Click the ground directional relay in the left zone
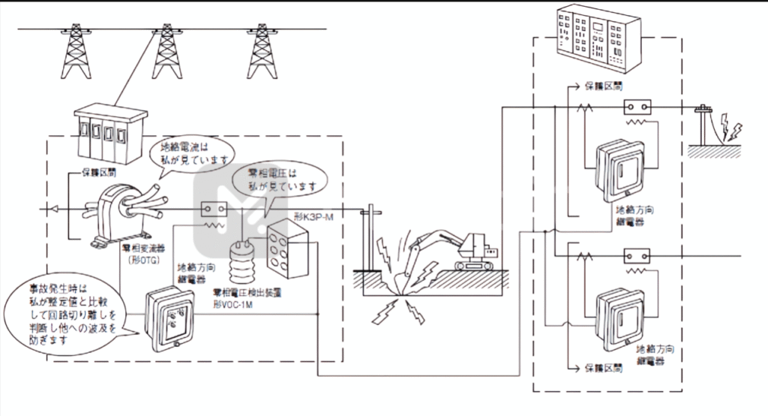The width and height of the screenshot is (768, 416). pos(169,320)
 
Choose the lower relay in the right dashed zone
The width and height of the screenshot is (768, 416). pos(620,315)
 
